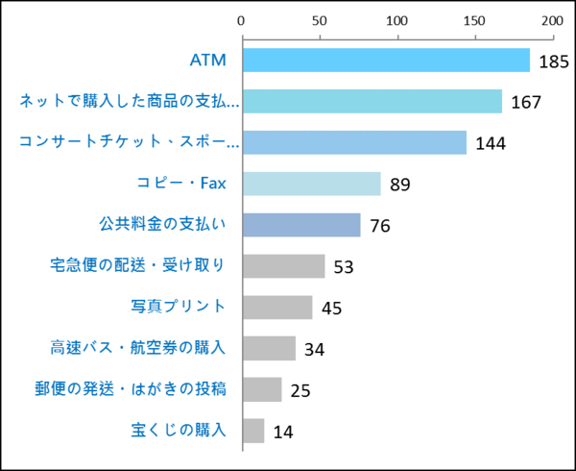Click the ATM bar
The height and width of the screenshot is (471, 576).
click(385, 61)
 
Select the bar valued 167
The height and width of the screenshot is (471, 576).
click(372, 102)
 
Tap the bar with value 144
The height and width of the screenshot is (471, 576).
click(353, 142)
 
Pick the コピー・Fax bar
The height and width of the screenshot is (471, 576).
click(311, 184)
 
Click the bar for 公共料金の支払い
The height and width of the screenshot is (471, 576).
click(300, 225)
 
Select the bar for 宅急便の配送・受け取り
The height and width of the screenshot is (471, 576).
click(283, 266)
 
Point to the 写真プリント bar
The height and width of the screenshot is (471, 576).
click(276, 308)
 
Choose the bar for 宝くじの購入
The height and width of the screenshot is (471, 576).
click(252, 431)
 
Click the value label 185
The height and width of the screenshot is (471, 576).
click(553, 62)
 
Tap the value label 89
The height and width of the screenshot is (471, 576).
click(400, 185)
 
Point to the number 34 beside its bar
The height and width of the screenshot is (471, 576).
click(314, 349)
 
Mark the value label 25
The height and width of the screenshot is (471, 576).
click(300, 390)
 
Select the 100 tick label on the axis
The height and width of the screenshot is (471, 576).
click(396, 19)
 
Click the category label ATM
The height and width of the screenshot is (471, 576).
click(207, 61)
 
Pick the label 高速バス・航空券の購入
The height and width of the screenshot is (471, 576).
click(137, 348)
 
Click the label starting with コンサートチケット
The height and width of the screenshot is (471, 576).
click(130, 142)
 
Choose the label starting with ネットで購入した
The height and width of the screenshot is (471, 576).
click(130, 102)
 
